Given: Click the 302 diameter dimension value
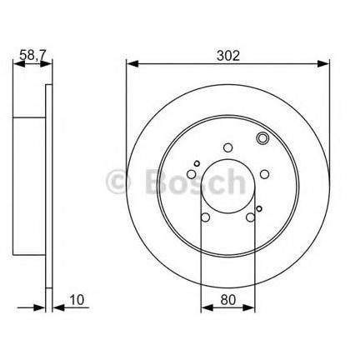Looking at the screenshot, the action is tap(227, 56).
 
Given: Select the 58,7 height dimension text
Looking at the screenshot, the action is tap(32, 56).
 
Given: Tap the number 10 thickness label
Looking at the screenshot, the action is tap(77, 300).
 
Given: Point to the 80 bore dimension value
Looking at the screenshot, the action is tap(228, 300).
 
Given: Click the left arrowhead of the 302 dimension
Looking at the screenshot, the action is tap(132, 64).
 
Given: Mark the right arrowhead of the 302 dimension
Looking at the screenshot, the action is tap(323, 64).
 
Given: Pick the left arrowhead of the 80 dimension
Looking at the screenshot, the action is tap(207, 307).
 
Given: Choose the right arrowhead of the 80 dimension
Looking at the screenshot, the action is tap(248, 307).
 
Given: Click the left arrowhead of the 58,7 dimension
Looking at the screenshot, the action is tap(19, 64).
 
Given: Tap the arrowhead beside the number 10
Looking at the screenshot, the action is tap(58, 307).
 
